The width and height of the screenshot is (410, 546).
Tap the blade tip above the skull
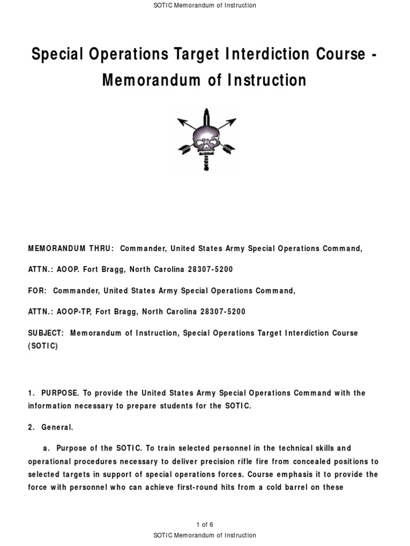(x=205, y=113)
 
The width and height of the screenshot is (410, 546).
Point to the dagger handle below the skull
(x=205, y=162)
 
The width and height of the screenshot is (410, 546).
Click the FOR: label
(x=37, y=291)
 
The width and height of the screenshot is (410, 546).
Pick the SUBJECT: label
(x=46, y=333)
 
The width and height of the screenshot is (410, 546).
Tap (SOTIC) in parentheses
(x=43, y=346)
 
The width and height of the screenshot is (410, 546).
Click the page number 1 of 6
(x=204, y=525)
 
